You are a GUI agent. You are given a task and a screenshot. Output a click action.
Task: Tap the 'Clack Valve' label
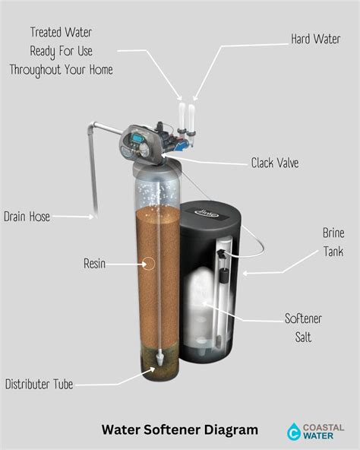(x=274, y=163)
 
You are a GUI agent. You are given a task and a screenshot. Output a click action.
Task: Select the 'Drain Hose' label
(x=27, y=217)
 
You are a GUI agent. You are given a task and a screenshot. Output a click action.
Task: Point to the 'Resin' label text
(x=94, y=265)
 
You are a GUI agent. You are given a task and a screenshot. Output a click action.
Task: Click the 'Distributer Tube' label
(x=39, y=385)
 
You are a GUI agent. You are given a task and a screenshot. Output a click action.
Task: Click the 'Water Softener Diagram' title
(x=180, y=430)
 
